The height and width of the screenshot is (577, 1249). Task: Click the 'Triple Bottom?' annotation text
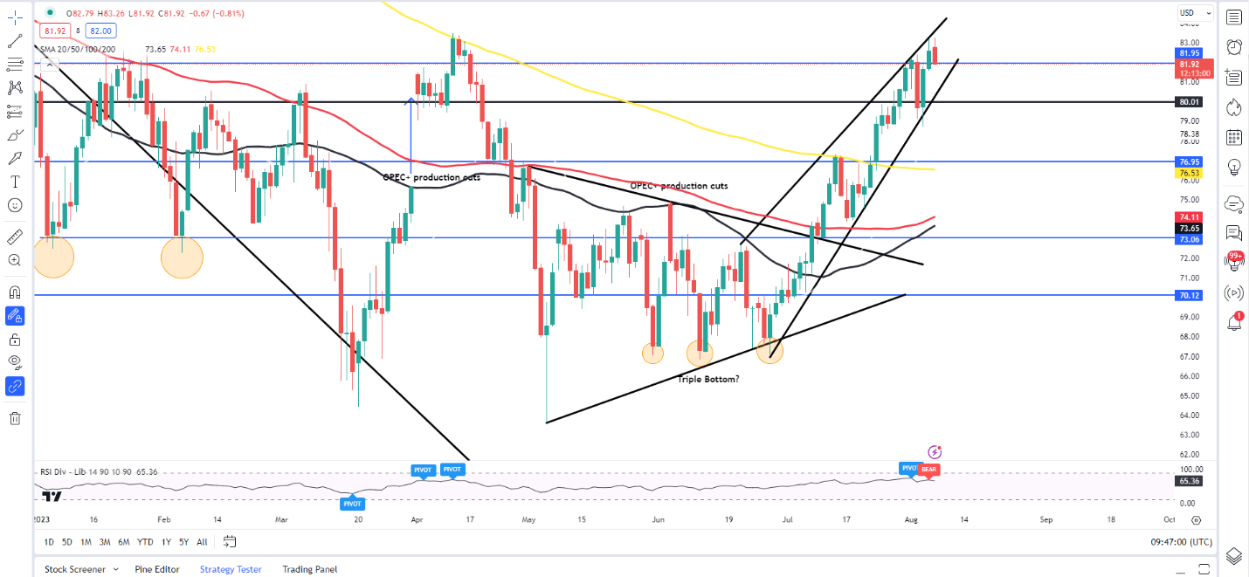click(x=708, y=379)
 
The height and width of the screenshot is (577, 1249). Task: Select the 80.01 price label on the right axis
click(x=1188, y=102)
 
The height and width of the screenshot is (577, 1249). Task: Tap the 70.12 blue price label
click(x=1188, y=296)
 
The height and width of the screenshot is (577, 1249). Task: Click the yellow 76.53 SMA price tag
click(x=1188, y=173)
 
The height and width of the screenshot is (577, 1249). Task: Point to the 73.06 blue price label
click(x=1188, y=239)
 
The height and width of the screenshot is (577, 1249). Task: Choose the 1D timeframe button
click(x=49, y=542)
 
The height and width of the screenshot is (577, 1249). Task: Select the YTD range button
click(x=146, y=542)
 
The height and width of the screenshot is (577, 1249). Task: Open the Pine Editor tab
click(x=157, y=569)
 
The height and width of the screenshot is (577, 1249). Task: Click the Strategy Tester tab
click(x=231, y=569)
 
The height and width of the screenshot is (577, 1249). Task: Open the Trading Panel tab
click(x=309, y=569)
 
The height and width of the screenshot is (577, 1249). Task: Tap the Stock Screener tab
click(x=75, y=569)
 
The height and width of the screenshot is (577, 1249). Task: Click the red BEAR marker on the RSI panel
click(x=929, y=470)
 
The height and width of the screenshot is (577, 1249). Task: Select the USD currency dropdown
click(x=1195, y=13)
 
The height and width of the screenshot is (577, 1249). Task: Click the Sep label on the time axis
click(x=1046, y=519)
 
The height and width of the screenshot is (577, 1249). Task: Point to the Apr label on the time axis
click(x=416, y=519)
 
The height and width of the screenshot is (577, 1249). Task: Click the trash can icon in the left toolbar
click(x=15, y=418)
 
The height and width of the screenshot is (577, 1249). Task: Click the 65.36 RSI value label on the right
click(x=1188, y=481)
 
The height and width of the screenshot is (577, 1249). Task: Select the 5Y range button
click(x=183, y=542)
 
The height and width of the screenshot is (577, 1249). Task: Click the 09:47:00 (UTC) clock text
click(x=1181, y=542)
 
